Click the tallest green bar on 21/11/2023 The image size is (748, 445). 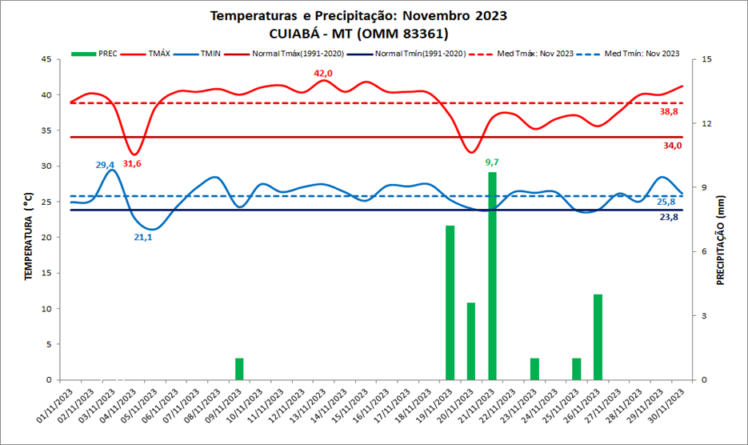[492, 276]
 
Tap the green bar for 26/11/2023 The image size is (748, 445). [597, 337]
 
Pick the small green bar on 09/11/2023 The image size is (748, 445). [239, 369]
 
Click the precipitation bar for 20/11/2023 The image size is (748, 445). [471, 341]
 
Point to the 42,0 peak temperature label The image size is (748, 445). [323, 74]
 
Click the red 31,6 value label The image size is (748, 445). [132, 163]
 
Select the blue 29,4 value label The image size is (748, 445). [106, 165]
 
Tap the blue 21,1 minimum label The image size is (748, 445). [142, 237]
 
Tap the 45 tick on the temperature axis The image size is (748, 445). [47, 59]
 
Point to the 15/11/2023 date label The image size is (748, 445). [350, 407]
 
